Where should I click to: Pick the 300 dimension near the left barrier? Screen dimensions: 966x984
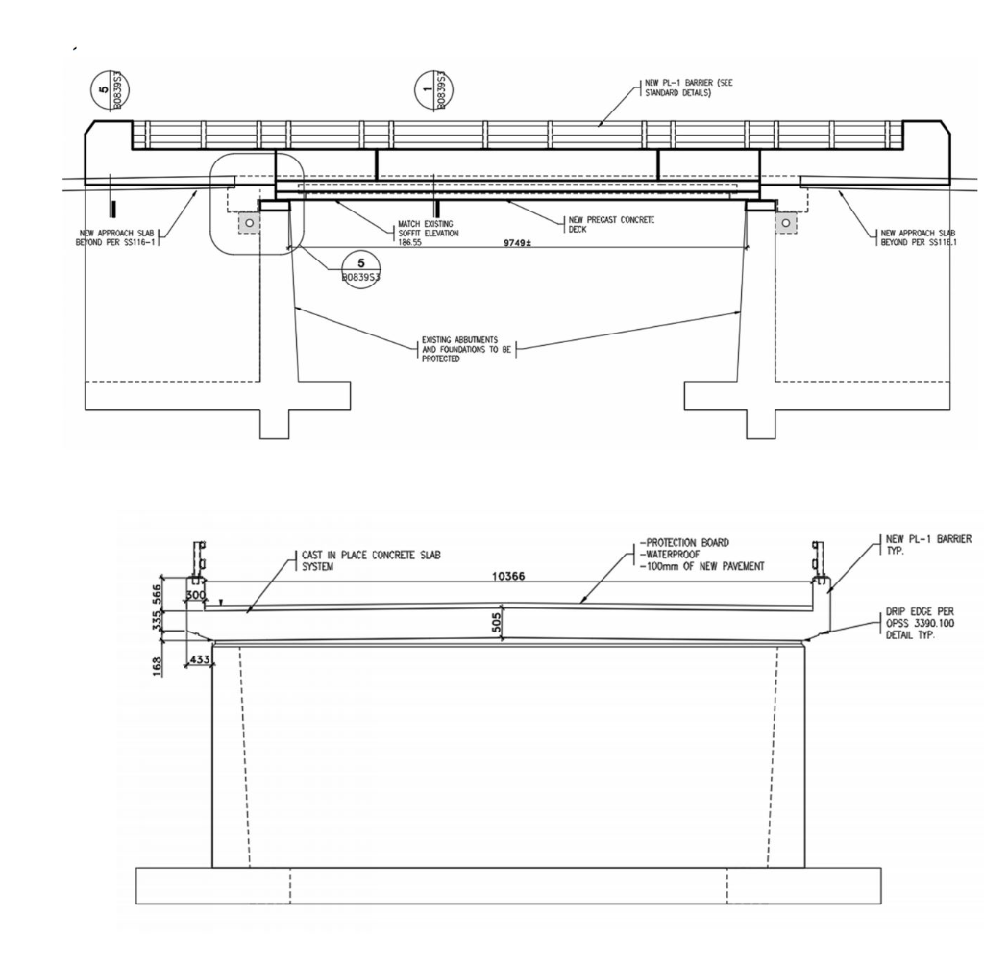click(x=195, y=597)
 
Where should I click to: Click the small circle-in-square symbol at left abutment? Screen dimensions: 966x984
click(x=249, y=222)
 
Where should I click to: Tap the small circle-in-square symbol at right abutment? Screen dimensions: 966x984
click(x=787, y=222)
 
